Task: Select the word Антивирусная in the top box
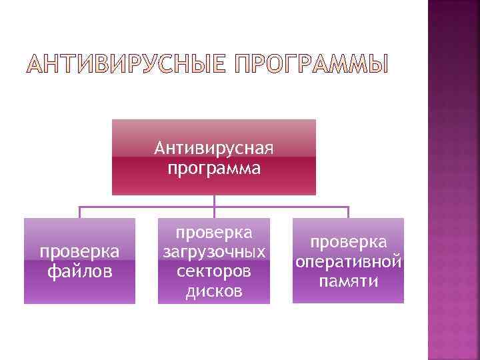[x=214, y=147]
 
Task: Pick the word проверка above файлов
[x=79, y=252]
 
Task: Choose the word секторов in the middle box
[x=214, y=273]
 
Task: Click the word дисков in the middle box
[x=214, y=292]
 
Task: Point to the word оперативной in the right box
[x=349, y=261]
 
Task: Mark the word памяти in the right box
[x=349, y=281]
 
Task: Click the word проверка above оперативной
[x=349, y=242]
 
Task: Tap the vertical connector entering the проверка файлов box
[x=79, y=213]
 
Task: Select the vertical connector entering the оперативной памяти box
[x=349, y=213]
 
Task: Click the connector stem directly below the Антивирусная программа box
[x=214, y=201]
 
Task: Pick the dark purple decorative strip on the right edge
[x=453, y=180]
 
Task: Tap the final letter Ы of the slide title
[x=378, y=65]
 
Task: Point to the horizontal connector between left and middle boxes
[x=147, y=207]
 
